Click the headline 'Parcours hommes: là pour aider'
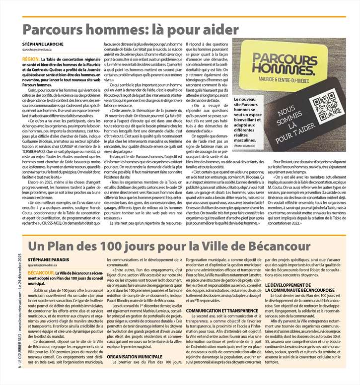[131, 30]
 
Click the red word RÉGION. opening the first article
[31, 59]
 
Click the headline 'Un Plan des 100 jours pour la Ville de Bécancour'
[169, 247]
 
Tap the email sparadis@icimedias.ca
[44, 266]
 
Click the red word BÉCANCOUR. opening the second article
[41, 273]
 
